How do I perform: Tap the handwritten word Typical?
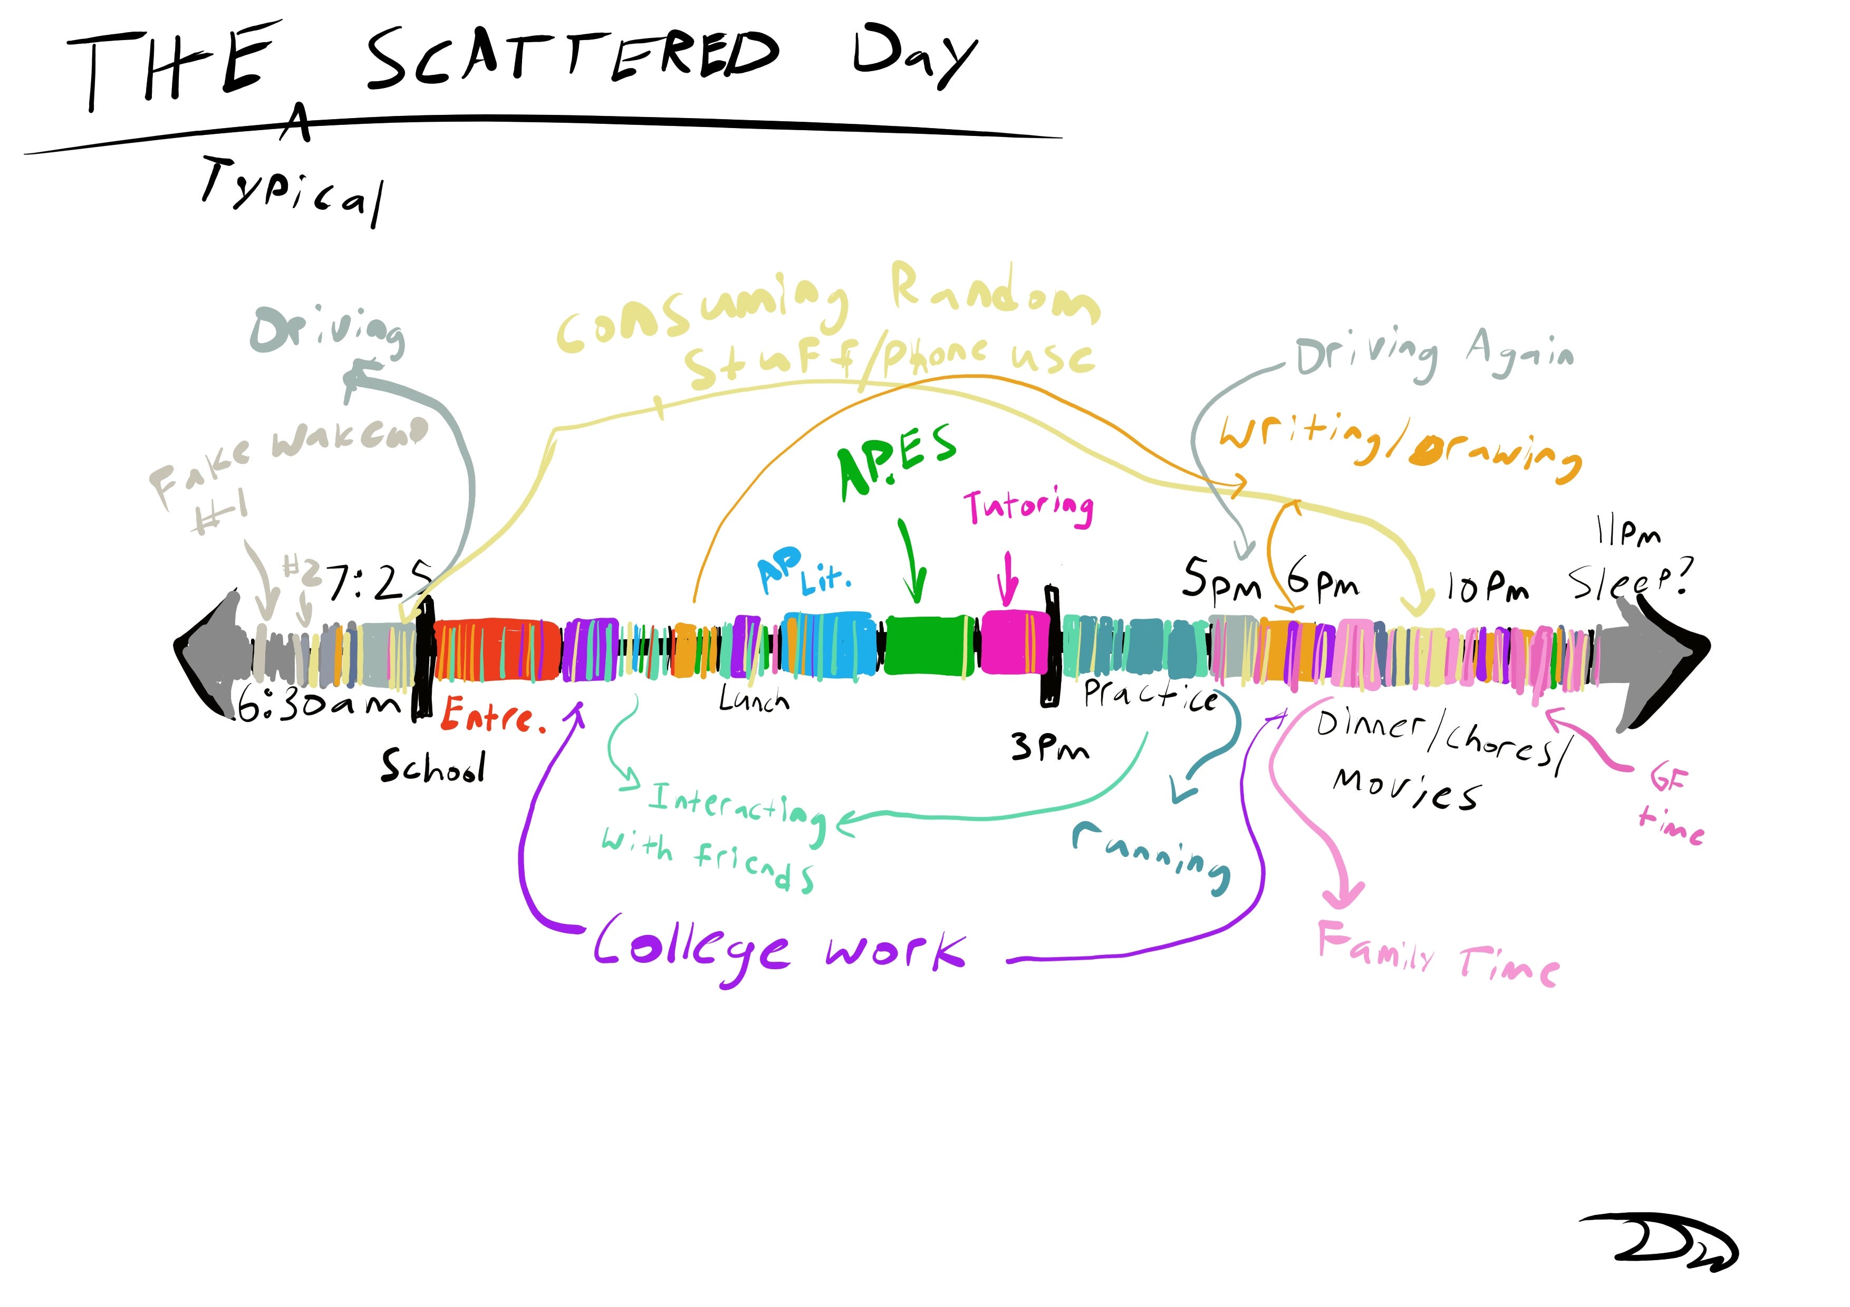click(292, 190)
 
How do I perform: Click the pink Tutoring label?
click(1029, 508)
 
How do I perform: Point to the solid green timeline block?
click(928, 643)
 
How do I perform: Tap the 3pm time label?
click(1049, 747)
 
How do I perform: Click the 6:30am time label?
click(319, 706)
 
